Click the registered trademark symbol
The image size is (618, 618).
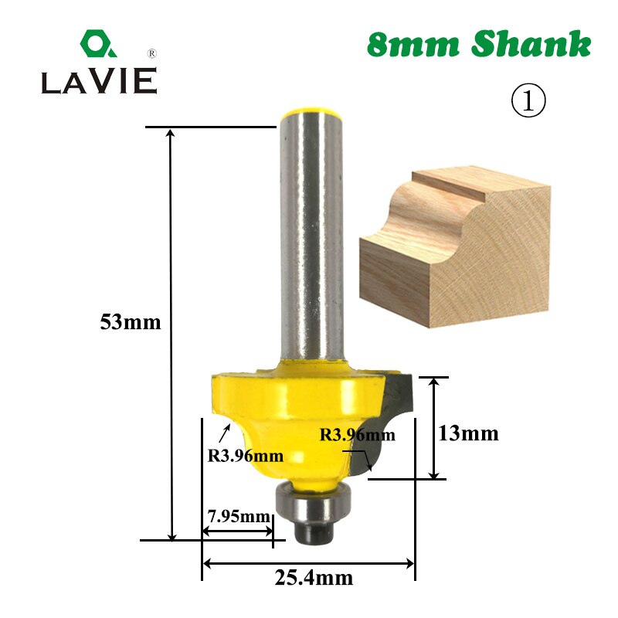(151, 53)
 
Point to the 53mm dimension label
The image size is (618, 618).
(131, 323)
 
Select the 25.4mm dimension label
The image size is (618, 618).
(309, 577)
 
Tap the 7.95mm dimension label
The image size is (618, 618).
(237, 515)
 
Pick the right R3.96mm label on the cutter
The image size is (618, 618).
(357, 435)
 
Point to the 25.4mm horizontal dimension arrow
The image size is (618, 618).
(309, 563)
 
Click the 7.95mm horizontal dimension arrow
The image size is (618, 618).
(237, 531)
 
